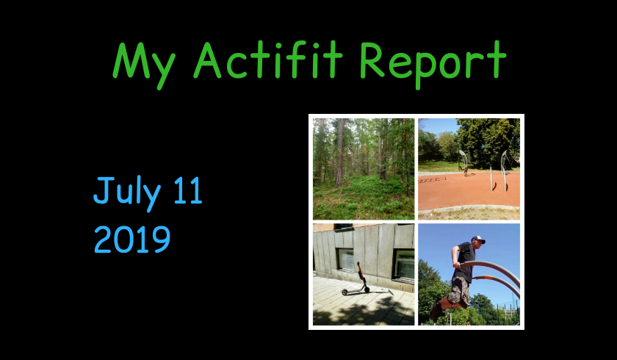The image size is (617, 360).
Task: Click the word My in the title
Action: click(x=144, y=65)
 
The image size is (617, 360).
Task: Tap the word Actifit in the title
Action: click(x=268, y=59)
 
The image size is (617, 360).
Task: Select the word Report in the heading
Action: click(x=433, y=64)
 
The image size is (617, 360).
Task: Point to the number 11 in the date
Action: click(x=188, y=190)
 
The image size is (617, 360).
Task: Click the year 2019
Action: click(x=132, y=240)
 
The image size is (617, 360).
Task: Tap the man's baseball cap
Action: click(x=478, y=240)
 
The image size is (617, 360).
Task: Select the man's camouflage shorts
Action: click(x=459, y=291)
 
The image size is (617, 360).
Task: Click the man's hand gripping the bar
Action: click(x=455, y=264)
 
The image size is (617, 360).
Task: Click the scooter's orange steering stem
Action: click(x=361, y=274)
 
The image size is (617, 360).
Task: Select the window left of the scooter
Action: click(x=346, y=259)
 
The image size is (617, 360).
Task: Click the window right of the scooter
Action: click(x=404, y=264)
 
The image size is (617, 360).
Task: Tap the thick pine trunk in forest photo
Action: click(x=339, y=153)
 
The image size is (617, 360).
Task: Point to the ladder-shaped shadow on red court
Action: click(x=432, y=180)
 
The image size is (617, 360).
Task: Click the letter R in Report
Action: click(x=372, y=60)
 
